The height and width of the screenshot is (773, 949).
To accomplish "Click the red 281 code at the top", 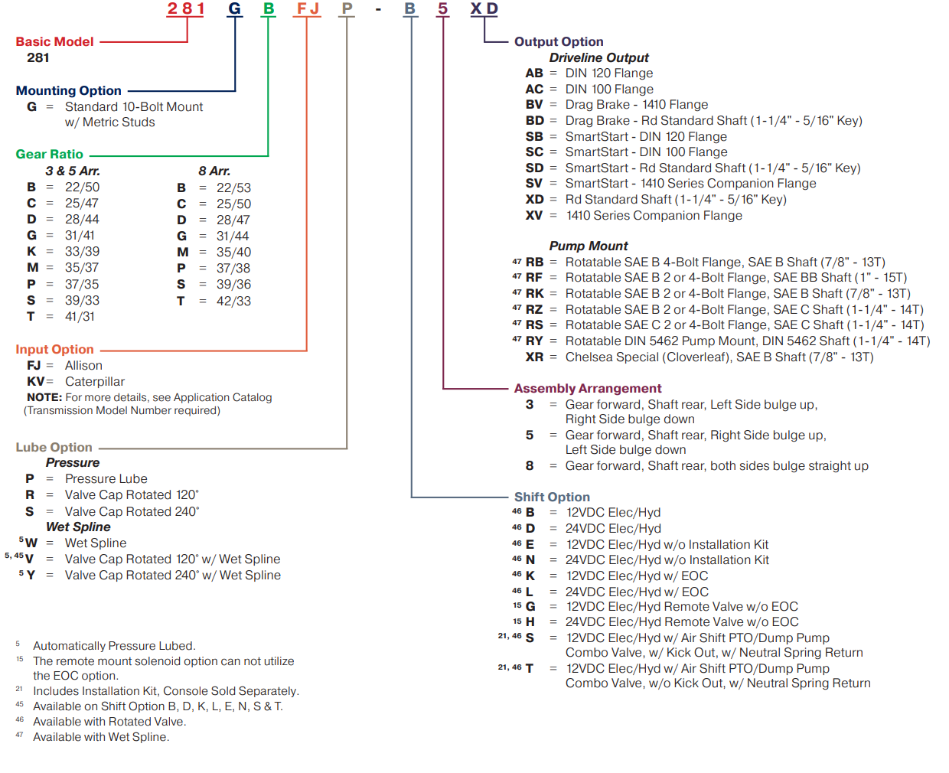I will click(186, 9).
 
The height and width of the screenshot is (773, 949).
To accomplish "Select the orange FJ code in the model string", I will click(308, 9).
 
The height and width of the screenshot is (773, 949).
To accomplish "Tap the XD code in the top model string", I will click(484, 9).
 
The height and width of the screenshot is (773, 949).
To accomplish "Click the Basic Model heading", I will click(54, 42).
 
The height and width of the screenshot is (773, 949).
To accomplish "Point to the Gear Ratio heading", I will click(49, 155).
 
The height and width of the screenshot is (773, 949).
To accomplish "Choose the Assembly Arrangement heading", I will click(587, 389).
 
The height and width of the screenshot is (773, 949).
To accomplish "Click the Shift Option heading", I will click(552, 497).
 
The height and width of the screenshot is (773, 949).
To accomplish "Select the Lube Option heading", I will click(54, 448).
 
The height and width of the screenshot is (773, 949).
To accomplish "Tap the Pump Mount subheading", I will click(588, 246).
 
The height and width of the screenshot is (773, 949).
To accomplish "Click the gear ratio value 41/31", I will click(80, 317).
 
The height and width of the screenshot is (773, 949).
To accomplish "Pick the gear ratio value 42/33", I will click(233, 302).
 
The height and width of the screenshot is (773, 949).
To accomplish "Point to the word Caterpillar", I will click(94, 382).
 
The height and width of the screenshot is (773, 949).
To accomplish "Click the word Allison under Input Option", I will click(83, 366).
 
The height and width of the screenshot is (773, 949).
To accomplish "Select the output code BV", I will click(534, 105).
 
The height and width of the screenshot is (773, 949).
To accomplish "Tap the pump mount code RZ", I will click(534, 310).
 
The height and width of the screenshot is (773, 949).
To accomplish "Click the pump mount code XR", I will click(534, 357).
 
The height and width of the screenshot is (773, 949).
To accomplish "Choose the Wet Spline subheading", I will click(78, 527).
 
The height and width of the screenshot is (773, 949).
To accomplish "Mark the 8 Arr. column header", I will click(214, 171).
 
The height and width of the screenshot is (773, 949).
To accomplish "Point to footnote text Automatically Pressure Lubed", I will click(114, 646).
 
